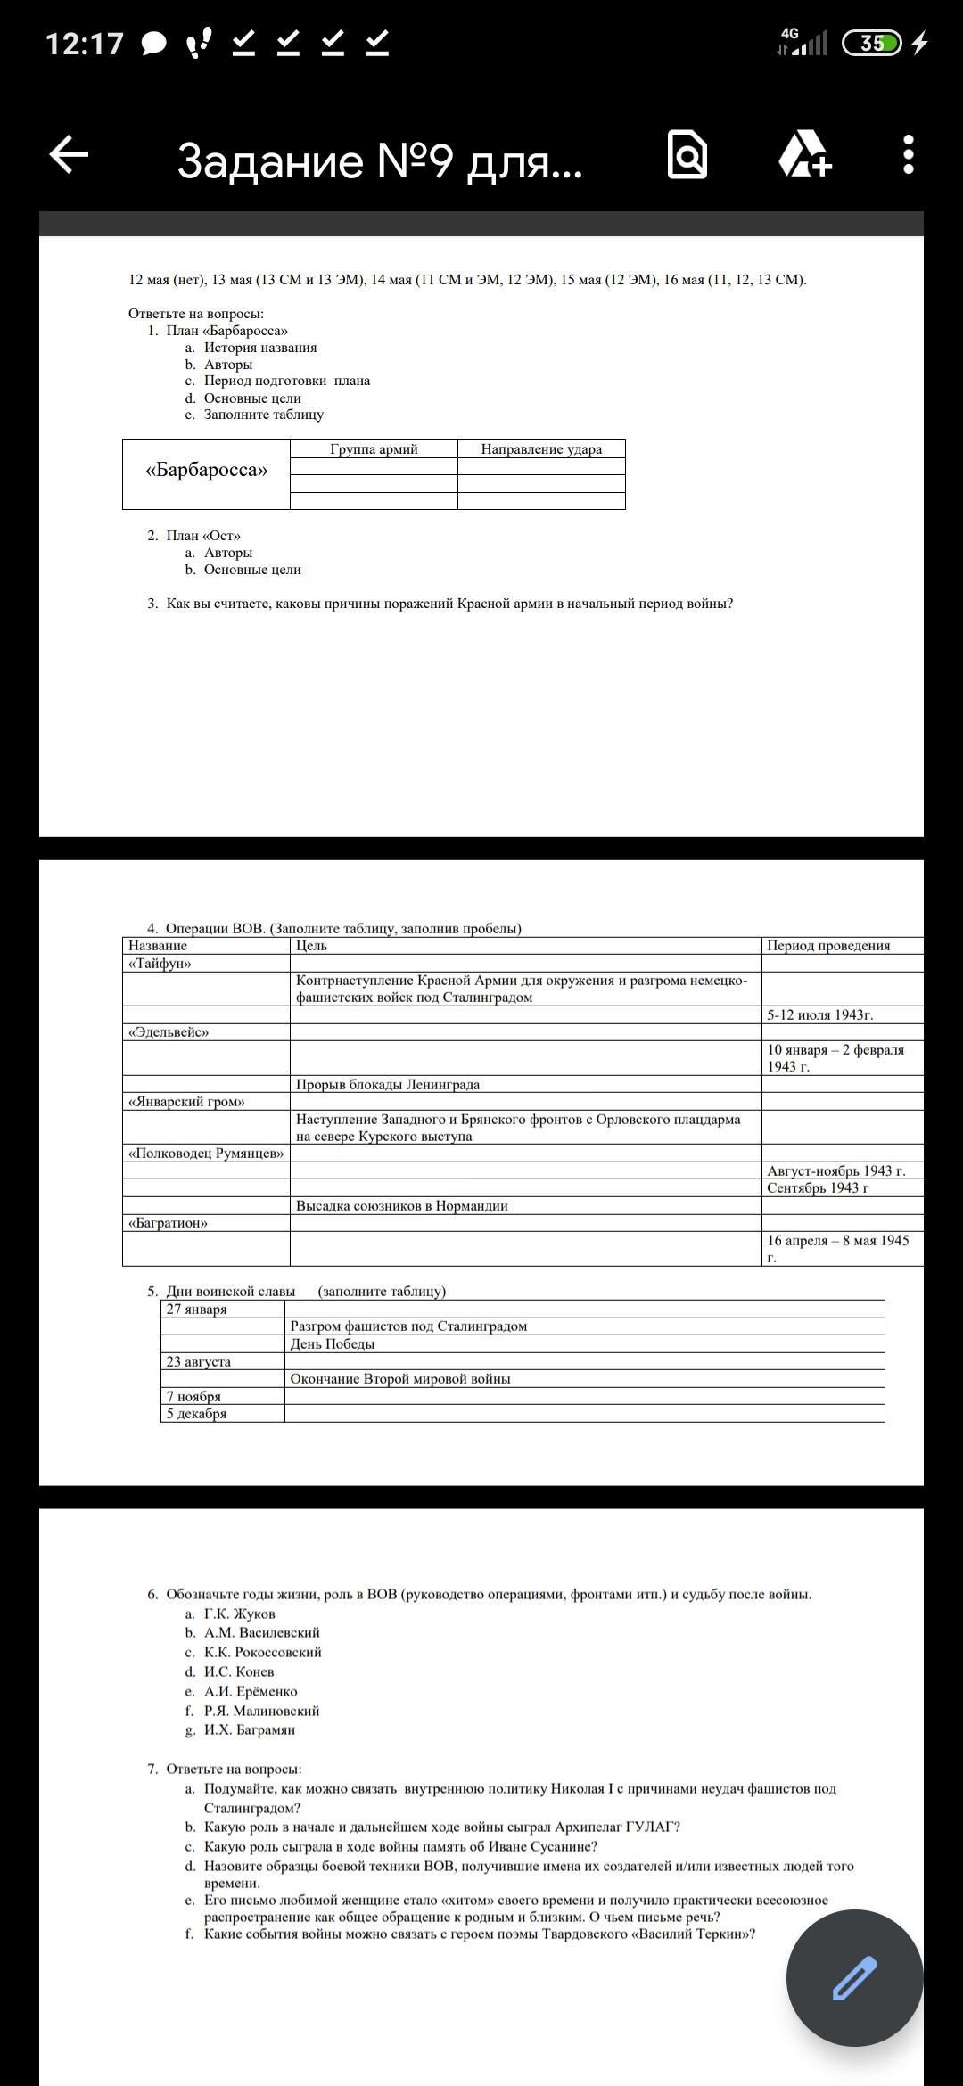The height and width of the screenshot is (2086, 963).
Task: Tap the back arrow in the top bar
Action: point(69,155)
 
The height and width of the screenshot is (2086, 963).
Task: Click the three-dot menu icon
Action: point(908,155)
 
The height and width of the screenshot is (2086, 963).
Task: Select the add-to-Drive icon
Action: point(804,155)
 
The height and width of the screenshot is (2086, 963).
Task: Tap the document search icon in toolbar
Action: point(687,155)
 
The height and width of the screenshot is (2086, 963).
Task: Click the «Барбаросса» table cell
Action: point(206,471)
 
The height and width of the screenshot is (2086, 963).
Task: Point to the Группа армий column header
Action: point(374,449)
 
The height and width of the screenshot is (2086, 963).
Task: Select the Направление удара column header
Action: point(541,449)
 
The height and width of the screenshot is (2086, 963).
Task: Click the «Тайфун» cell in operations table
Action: point(160,964)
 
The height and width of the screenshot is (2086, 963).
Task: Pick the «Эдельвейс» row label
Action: point(169,1032)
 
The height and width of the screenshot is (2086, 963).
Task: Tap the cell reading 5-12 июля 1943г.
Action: point(819,1015)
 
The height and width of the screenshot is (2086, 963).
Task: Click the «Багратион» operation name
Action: point(168,1223)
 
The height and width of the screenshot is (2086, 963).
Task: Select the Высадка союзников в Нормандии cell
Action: point(402,1206)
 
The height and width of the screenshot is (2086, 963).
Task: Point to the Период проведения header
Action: point(828,946)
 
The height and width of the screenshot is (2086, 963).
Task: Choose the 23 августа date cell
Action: point(199,1362)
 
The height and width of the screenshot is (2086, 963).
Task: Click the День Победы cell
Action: point(333,1344)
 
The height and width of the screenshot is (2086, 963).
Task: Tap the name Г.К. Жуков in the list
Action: point(240,1614)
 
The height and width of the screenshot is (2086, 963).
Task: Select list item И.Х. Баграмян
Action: point(250,1730)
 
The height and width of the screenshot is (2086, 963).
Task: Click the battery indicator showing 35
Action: point(872,43)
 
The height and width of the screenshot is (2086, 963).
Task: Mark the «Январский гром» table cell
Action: point(186,1102)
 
